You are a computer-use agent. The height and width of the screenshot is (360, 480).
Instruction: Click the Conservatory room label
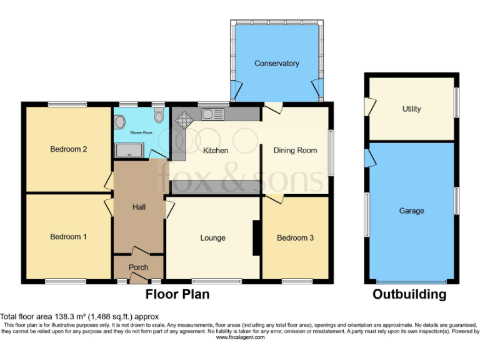276,64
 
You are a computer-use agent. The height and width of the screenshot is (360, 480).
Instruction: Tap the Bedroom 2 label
68,149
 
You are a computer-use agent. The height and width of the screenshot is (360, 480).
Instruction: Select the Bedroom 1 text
68,237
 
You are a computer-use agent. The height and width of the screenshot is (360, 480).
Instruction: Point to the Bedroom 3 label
295,237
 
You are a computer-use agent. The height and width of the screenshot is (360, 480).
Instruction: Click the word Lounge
212,238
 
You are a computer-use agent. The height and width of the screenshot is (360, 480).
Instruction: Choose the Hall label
138,207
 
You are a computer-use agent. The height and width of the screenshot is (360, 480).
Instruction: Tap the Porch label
138,267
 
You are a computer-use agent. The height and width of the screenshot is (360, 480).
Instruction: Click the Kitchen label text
216,151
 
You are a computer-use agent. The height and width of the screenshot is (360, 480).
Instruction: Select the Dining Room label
295,151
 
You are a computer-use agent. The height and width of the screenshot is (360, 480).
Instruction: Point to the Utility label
411,109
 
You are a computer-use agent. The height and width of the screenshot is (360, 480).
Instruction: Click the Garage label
411,211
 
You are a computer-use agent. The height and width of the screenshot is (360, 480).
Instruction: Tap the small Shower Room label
141,133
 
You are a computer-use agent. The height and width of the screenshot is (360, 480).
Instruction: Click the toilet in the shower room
159,115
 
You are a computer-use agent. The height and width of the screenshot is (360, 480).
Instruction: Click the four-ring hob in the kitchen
184,119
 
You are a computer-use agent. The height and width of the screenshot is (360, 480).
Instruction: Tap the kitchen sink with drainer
213,114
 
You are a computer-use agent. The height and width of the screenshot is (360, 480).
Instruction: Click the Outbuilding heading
410,294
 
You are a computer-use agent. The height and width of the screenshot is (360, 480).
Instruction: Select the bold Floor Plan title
177,294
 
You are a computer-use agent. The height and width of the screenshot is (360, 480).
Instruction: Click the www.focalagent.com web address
240,337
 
